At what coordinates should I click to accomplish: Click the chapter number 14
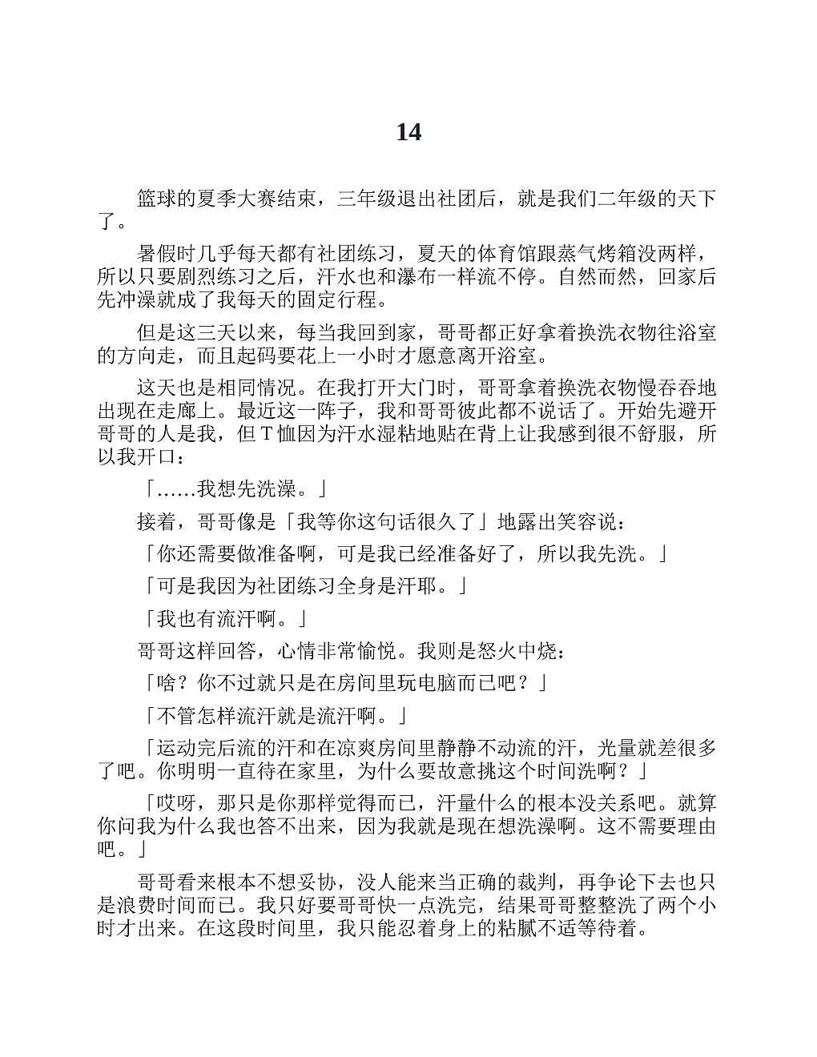coord(408,132)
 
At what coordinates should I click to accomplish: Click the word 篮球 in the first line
coord(156,199)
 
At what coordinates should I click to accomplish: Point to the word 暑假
coord(156,255)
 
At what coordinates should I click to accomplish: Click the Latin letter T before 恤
coord(268,435)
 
